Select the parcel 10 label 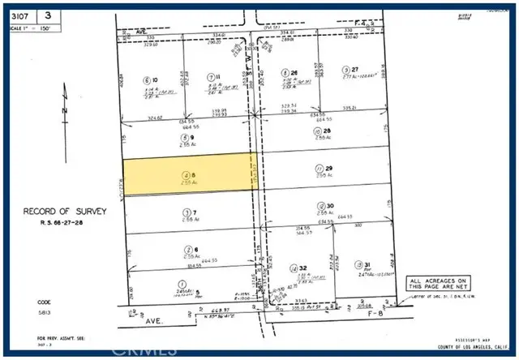tap(153, 80)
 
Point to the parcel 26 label tap(295, 72)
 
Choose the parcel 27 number tap(354, 71)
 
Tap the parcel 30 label tap(331, 206)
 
